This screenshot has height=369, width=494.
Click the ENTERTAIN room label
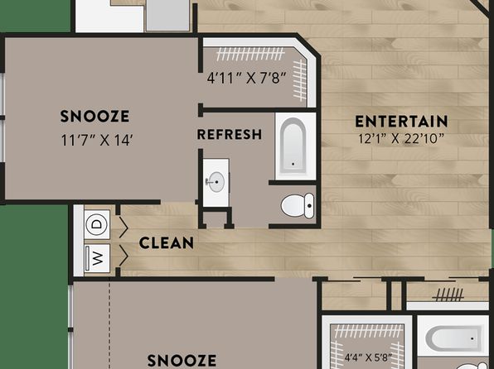tap(401, 122)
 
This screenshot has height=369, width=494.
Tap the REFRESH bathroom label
tap(230, 134)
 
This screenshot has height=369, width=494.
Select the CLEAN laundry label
tap(167, 243)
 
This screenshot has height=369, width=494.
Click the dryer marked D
tap(97, 224)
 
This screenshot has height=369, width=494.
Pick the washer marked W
tap(97, 258)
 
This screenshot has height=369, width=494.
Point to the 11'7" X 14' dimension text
tap(96, 140)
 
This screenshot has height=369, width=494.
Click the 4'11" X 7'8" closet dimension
tap(247, 78)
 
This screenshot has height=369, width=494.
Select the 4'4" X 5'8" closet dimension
tap(368, 357)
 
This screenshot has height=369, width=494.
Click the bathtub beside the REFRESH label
tap(293, 146)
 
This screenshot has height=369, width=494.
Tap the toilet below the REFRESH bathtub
tap(298, 206)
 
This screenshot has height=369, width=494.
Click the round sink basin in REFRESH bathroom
tap(216, 182)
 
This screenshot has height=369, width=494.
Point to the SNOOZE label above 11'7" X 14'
tap(94, 116)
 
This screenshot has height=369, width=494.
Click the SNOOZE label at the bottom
tap(182, 361)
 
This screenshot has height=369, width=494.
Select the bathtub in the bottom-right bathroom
tap(455, 338)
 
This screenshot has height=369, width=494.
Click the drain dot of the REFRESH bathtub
tap(293, 164)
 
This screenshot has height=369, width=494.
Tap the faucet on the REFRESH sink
tap(210, 181)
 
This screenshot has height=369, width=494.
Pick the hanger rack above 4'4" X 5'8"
tap(369, 331)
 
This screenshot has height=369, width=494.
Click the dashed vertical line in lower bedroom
tap(109, 324)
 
